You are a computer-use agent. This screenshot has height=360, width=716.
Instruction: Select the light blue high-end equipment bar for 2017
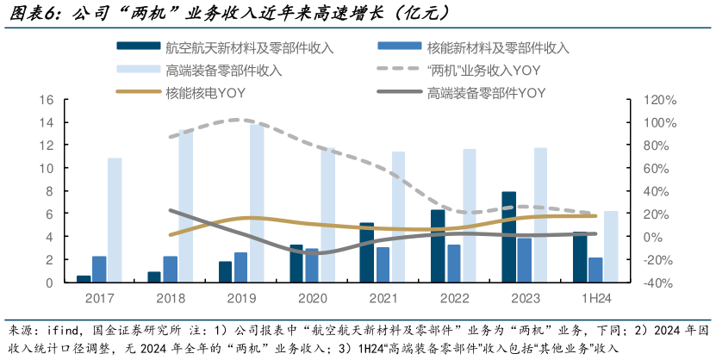pos(115,220)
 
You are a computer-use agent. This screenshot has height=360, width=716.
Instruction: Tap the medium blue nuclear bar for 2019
pos(240,267)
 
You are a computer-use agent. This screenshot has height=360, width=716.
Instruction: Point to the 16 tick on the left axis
pos(47,100)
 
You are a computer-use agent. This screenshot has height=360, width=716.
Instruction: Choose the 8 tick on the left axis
pos(50,191)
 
